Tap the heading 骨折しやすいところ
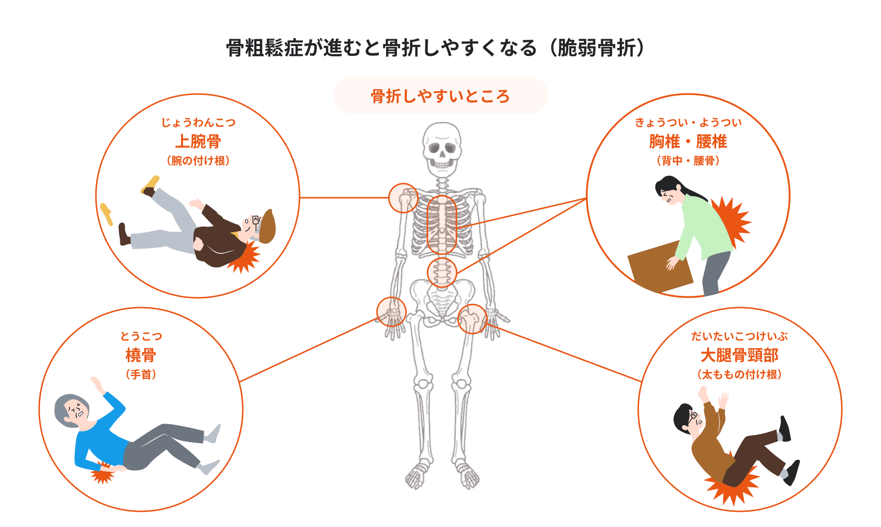tap(440, 96)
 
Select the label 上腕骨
tap(198, 142)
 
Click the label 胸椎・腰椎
tap(688, 142)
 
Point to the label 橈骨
tap(141, 355)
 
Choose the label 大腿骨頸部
tap(740, 355)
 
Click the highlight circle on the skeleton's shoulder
tap(403, 198)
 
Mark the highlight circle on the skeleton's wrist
tap(392, 312)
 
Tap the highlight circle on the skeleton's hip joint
tap(472, 319)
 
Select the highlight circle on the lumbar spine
tap(442, 272)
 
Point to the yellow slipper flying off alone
tap(106, 214)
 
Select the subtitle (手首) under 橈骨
tap(141, 375)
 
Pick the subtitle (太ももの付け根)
tap(740, 375)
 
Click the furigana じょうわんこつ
tap(198, 122)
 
